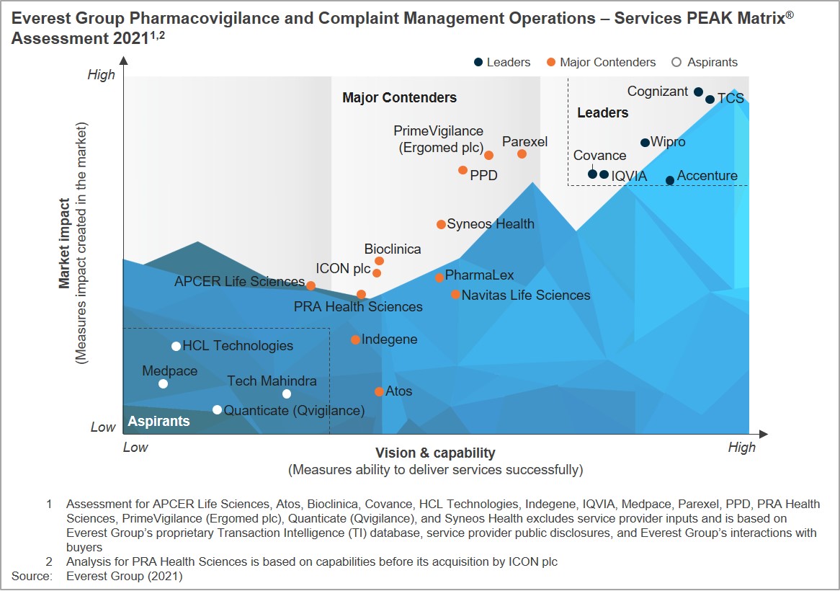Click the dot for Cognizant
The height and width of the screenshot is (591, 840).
click(698, 92)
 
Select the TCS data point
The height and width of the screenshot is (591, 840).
click(710, 99)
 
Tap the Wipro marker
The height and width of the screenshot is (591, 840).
click(645, 143)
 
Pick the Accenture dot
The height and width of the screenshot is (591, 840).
click(670, 180)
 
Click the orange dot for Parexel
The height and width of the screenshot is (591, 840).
click(522, 154)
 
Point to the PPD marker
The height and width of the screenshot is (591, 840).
click(463, 170)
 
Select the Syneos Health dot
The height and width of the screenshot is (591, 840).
click(441, 224)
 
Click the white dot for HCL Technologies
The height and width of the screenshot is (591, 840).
click(176, 346)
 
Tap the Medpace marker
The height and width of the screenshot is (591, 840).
click(163, 383)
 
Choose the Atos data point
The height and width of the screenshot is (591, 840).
click(379, 391)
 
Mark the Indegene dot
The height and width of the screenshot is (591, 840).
click(355, 339)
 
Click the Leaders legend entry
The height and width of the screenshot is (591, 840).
click(502, 62)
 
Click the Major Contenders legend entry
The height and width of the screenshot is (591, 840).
click(601, 62)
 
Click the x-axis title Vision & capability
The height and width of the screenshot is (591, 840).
click(435, 453)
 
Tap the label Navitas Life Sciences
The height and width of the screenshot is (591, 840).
click(525, 295)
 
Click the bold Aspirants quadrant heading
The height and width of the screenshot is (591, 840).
click(158, 421)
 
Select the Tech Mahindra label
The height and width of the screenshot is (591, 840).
click(272, 381)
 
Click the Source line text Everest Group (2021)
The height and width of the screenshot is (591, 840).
click(124, 576)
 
